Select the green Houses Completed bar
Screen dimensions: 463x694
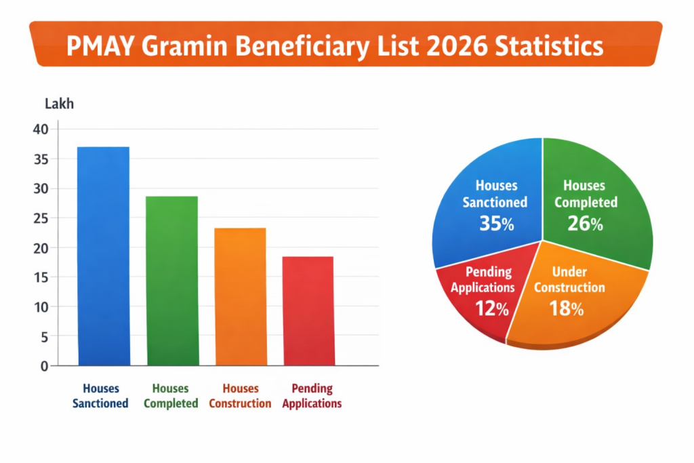[x=172, y=281]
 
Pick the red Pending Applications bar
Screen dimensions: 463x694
[x=308, y=311]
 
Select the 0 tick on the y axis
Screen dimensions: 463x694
[x=44, y=366]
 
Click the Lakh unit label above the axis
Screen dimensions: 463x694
[x=59, y=104]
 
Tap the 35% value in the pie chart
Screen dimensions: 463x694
[x=497, y=223]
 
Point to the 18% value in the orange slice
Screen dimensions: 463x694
[x=567, y=309]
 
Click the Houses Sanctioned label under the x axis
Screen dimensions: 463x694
[x=101, y=396]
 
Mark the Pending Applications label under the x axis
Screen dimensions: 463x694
[x=312, y=396]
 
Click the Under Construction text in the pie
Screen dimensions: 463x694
[x=569, y=279]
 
